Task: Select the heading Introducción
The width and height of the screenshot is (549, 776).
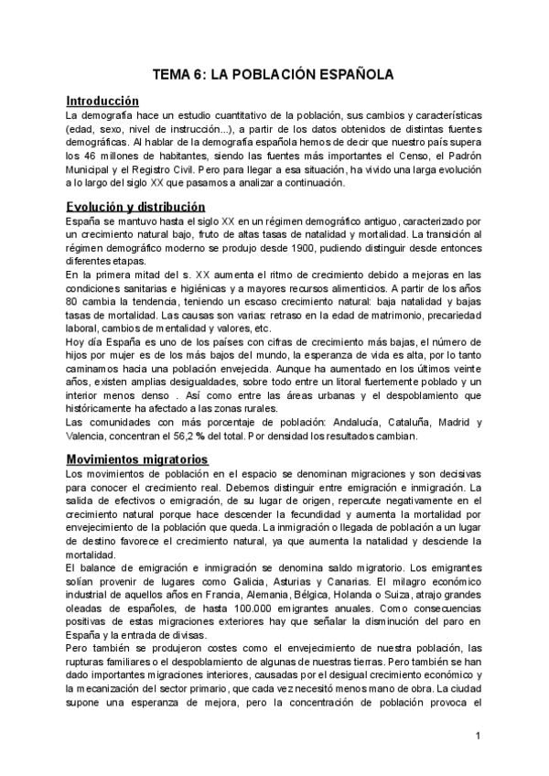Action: pyautogui.click(x=102, y=101)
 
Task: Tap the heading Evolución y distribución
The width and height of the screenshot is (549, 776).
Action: pyautogui.click(x=135, y=207)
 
